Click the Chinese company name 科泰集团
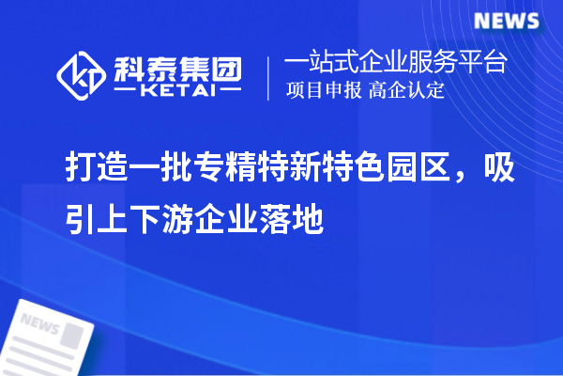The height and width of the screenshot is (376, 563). tap(177, 67)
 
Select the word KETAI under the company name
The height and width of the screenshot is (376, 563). tap(176, 91)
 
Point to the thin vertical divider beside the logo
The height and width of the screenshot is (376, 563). tap(270, 77)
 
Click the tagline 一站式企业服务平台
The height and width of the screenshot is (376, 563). tap(397, 63)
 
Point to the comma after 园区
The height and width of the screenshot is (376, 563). tap(466, 174)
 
